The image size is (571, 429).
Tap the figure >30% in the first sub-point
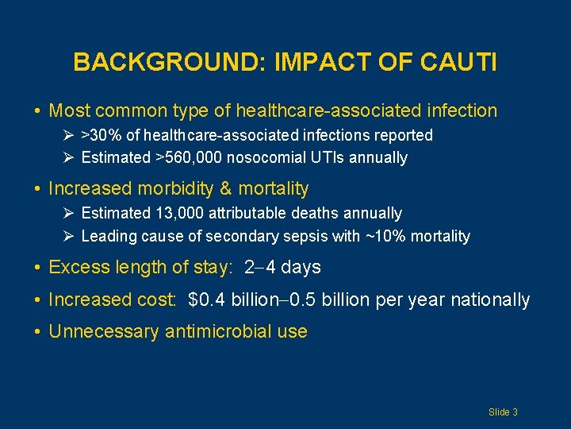99,135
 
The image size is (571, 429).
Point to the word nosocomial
266,157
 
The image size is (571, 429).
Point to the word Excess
75,267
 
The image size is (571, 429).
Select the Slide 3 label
503,412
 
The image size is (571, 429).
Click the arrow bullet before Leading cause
69,236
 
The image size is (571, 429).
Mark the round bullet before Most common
39,111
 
